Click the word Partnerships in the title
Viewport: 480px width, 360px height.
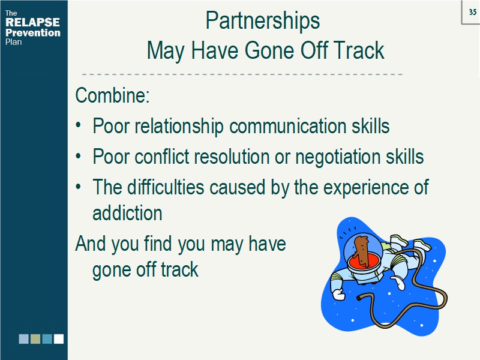click(262, 21)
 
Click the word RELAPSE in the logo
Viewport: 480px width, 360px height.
click(32, 23)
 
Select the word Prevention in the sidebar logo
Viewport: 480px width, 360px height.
click(32, 33)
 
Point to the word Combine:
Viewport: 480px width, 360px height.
click(112, 96)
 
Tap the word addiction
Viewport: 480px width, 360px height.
click(127, 213)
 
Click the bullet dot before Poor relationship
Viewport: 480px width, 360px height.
click(79, 127)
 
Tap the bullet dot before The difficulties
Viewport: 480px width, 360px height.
click(79, 188)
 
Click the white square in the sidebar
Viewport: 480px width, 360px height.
click(59, 339)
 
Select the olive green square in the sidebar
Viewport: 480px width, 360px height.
click(35, 339)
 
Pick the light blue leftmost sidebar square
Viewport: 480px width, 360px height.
click(23, 339)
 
